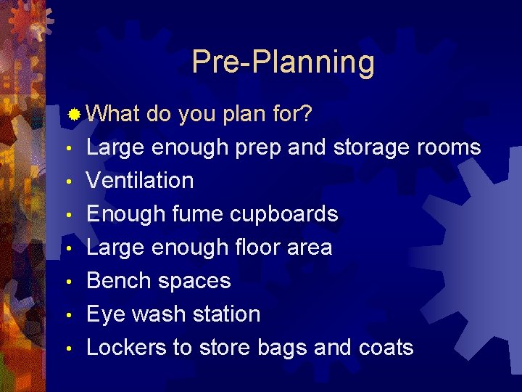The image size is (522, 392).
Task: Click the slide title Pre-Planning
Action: click(x=283, y=62)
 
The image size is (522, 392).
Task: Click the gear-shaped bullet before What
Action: click(x=74, y=114)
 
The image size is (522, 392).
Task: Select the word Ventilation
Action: click(x=140, y=180)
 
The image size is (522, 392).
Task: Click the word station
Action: click(x=223, y=314)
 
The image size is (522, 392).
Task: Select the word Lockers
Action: click(x=126, y=347)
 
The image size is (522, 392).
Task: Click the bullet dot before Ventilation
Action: click(x=67, y=181)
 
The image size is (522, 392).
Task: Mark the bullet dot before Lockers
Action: click(x=67, y=348)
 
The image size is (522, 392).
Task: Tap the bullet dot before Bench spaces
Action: click(x=67, y=282)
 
